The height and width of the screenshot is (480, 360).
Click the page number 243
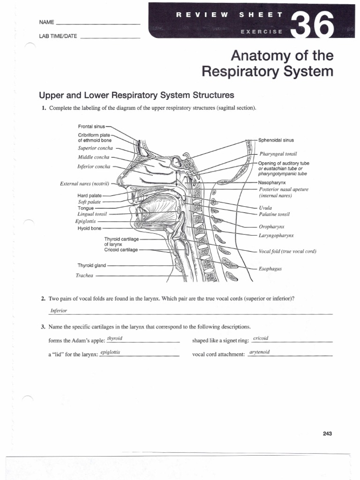click(x=327, y=434)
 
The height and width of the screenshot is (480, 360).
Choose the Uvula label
click(x=265, y=207)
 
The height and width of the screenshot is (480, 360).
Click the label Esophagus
click(x=269, y=269)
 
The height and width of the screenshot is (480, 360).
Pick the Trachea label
click(x=85, y=276)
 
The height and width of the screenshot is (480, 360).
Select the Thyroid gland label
click(x=92, y=265)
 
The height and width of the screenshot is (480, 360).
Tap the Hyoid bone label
click(x=89, y=228)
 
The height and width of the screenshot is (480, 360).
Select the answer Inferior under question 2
click(x=59, y=311)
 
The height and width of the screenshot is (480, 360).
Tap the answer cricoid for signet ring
click(x=260, y=338)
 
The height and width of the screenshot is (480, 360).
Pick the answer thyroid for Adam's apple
click(x=115, y=338)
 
